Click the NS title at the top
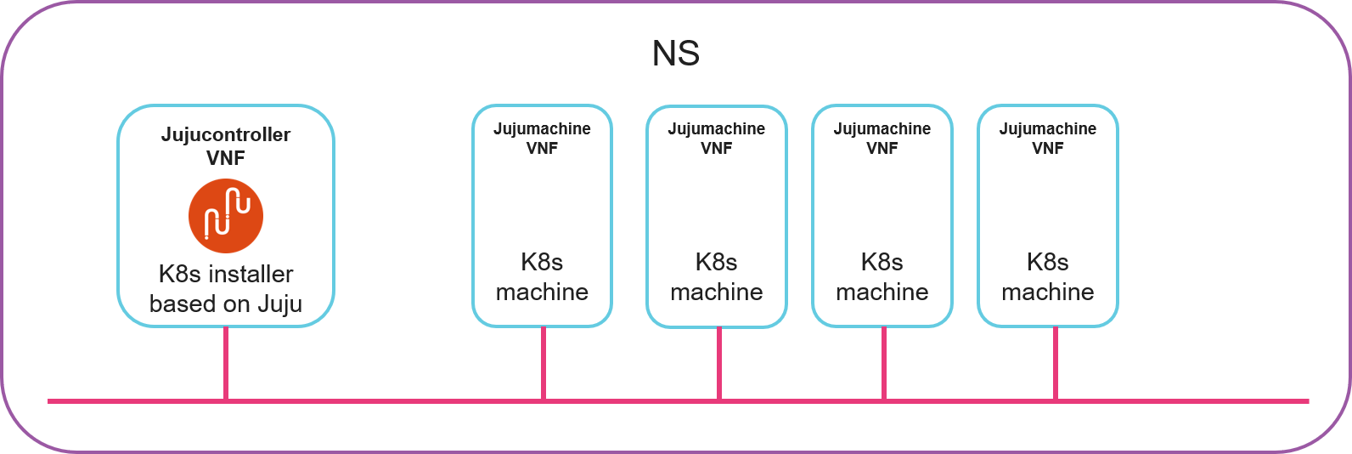pos(675,54)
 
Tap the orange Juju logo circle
pos(226,216)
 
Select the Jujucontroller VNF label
pos(226,145)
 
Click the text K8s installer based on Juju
pos(226,289)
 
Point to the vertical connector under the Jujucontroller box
pos(226,363)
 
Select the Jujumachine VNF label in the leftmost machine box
pos(542,138)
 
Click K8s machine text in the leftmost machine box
pos(542,277)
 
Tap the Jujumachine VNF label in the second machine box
pos(716,138)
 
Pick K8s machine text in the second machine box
pos(716,277)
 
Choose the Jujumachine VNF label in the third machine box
pos(882,138)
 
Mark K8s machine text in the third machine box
pos(882,277)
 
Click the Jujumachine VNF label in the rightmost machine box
pos(1047,138)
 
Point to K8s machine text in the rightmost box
pos(1047,277)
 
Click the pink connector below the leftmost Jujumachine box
pos(544,363)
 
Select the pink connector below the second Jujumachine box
pos(719,363)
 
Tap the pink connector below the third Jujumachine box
pos(884,363)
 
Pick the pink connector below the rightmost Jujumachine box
pos(1056,363)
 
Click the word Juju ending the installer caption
pos(279,304)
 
